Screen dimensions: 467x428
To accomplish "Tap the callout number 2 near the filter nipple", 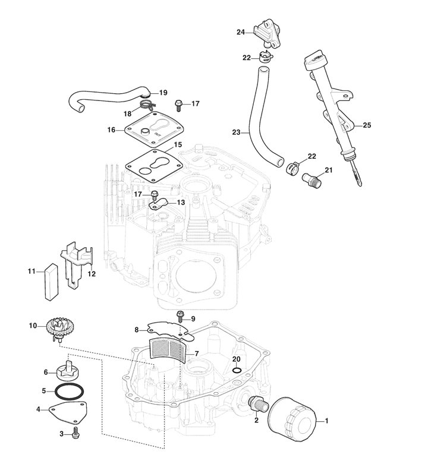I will [256, 420].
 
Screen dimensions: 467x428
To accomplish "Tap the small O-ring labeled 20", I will [237, 371].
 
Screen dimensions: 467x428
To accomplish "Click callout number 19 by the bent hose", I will [163, 93].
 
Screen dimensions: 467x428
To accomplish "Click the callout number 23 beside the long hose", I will [236, 133].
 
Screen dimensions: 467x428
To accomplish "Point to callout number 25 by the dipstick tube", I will [367, 125].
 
